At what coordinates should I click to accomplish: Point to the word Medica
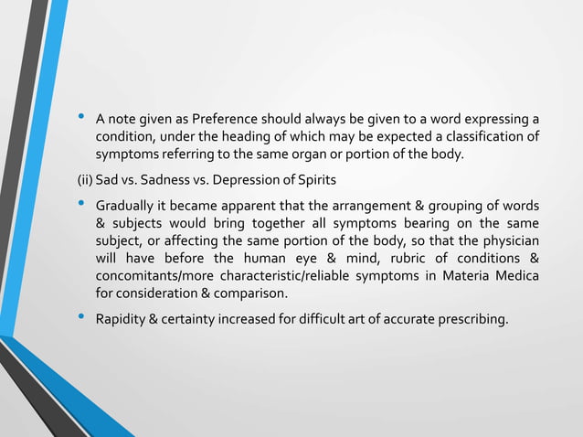[x=516, y=276]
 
